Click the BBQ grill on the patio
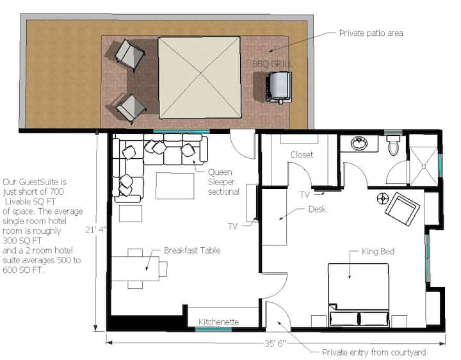[x=279, y=87]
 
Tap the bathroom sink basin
[x=359, y=143]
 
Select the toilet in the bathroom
[x=393, y=145]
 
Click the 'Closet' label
[x=302, y=154]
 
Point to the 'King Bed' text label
[x=378, y=252]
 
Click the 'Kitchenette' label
[x=218, y=322]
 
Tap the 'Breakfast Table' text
[x=192, y=250]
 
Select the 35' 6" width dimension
[x=275, y=343]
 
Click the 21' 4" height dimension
[x=96, y=229]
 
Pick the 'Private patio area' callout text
[x=371, y=33]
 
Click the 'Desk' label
[x=317, y=209]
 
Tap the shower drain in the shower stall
[x=424, y=167]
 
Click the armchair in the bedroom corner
[x=402, y=209]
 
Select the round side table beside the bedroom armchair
[x=383, y=199]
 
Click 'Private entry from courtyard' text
[x=374, y=352]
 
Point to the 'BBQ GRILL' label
[x=273, y=64]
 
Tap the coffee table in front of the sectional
[x=175, y=186]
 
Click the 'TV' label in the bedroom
[x=305, y=195]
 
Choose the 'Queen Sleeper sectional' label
[x=223, y=182]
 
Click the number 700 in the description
[x=57, y=192]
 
